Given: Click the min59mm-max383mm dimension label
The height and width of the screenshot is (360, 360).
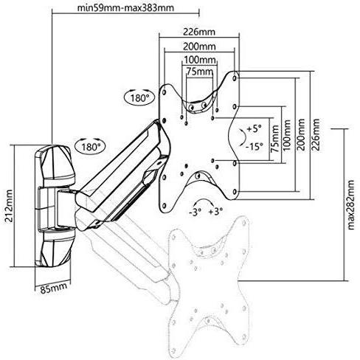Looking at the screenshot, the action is [125, 7].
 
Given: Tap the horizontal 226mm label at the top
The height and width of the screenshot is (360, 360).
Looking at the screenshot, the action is [199, 32].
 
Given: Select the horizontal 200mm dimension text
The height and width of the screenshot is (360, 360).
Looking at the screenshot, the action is [199, 46].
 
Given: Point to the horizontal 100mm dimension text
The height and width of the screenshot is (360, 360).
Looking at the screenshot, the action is [200, 60].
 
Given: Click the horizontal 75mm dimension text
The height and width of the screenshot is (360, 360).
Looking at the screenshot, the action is [199, 72].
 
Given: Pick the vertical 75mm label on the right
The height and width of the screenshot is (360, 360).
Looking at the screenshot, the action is [274, 139].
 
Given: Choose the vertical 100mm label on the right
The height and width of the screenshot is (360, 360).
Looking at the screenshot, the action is [286, 136].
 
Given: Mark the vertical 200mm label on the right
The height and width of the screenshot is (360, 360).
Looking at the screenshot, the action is [301, 134].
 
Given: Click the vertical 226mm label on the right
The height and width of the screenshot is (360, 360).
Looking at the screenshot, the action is [316, 134].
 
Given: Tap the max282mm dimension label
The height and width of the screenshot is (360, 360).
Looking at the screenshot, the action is [351, 205].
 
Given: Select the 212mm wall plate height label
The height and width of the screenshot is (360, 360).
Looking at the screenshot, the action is [9, 206].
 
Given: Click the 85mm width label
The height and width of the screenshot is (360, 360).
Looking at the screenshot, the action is [54, 288].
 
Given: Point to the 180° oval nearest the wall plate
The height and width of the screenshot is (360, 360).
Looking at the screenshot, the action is [90, 146].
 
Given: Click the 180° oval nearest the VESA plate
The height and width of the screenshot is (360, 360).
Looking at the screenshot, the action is [139, 97].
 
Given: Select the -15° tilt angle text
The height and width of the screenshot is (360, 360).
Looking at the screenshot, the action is [255, 147].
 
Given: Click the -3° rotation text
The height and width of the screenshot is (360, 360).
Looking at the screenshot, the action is [195, 212].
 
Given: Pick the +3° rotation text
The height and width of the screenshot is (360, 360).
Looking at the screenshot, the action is [216, 212].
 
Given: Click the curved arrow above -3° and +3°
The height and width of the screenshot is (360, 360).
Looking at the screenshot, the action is [204, 200].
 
